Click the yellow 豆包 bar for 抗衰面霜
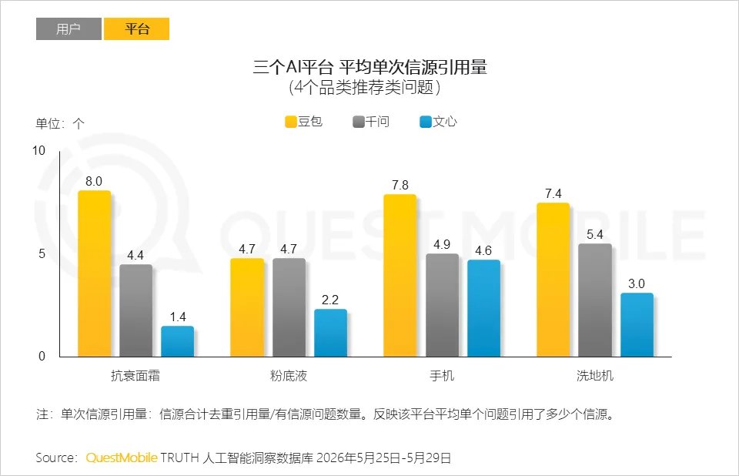click(x=94, y=273)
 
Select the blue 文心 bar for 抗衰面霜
click(x=178, y=341)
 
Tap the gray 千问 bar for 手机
click(x=442, y=305)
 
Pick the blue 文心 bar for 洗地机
click(x=637, y=324)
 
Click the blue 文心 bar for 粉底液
click(x=330, y=333)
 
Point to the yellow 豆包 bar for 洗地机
click(x=553, y=280)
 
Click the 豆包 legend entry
click(x=304, y=122)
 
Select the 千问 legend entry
click(x=371, y=122)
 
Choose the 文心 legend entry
click(x=438, y=122)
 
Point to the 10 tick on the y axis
click(x=38, y=151)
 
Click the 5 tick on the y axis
click(x=42, y=254)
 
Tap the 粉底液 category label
click(x=289, y=376)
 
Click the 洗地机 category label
click(x=595, y=376)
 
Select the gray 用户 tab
click(x=69, y=28)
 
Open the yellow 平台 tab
click(x=137, y=28)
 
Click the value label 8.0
click(x=94, y=181)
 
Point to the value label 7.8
click(x=400, y=185)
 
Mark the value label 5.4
click(x=595, y=234)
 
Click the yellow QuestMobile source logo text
click(x=122, y=458)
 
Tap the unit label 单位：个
click(x=60, y=123)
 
